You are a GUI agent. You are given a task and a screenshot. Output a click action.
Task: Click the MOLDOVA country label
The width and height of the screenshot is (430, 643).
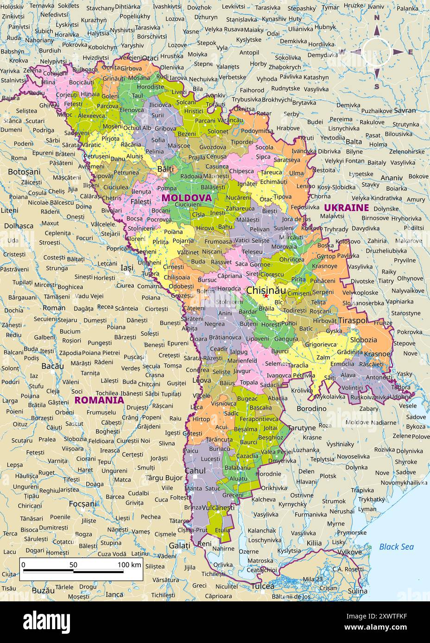point(186,198)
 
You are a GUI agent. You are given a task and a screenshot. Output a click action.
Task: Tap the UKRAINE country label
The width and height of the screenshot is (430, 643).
point(346,207)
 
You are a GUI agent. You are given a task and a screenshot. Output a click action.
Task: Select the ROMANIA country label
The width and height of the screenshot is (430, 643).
point(99,400)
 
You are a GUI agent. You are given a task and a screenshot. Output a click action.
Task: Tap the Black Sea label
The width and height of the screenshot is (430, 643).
point(396,547)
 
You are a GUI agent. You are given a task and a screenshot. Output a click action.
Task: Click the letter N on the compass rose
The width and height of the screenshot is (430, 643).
point(377,18)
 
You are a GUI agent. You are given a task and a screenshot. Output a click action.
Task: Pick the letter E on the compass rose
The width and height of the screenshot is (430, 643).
point(410,52)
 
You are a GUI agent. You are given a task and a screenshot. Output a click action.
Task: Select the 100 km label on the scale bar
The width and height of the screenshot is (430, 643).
point(129,564)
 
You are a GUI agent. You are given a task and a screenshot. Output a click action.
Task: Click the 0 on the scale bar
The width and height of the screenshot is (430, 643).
point(24,564)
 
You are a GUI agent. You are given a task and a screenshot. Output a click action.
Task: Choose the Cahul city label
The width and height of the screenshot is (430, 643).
point(195,470)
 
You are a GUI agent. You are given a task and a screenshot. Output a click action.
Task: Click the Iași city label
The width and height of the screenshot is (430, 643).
point(126,267)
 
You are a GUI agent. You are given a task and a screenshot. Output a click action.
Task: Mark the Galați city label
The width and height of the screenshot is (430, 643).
point(179,545)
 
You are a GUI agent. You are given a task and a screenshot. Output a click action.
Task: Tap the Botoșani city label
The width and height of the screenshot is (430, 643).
point(24,172)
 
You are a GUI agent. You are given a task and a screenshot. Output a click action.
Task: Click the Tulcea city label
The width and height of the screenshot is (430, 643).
point(263,586)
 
